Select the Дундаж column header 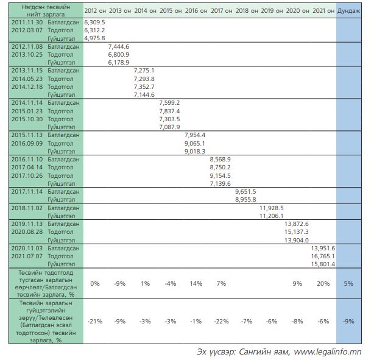(x=348, y=11)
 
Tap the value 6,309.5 (x=95, y=21)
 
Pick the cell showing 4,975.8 (x=95, y=38)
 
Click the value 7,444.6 (x=118, y=46)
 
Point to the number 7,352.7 (x=144, y=86)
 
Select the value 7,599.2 (x=169, y=103)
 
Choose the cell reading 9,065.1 (x=194, y=143)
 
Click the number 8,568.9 (x=219, y=159)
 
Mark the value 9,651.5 (x=245, y=191)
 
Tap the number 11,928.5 (x=271, y=208)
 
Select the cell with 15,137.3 (x=297, y=231)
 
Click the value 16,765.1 (x=323, y=256)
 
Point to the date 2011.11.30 (x=26, y=21)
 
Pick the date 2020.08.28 (x=26, y=231)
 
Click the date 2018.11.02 (x=26, y=208)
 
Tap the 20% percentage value (x=323, y=283)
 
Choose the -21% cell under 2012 (x=95, y=321)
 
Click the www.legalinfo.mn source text (x=329, y=351)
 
